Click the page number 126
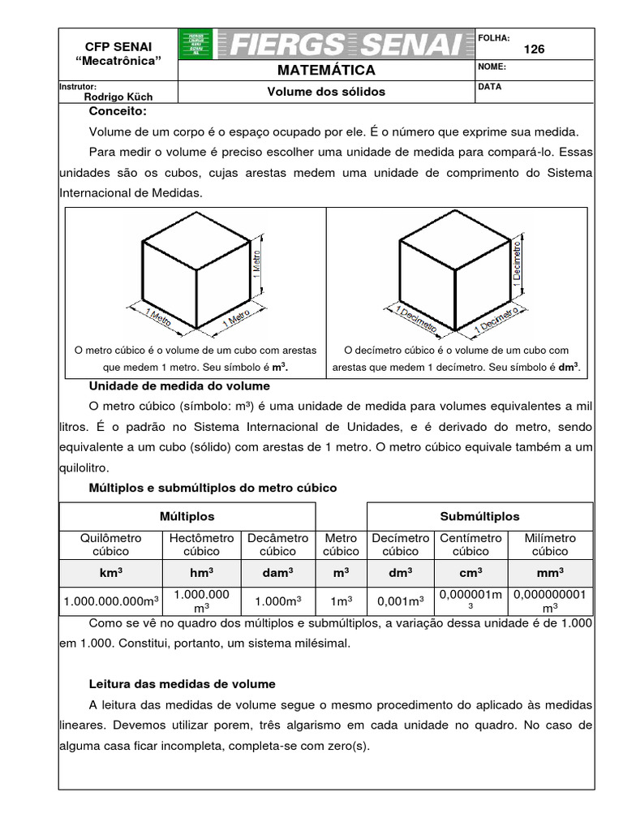535,49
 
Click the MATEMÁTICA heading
326,71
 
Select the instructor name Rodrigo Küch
118,96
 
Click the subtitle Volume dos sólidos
326,92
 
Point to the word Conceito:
118,111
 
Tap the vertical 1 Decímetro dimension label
518,260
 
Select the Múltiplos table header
187,516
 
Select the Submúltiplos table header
480,516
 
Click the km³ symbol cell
111,572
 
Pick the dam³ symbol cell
277,572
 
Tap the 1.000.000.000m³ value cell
111,601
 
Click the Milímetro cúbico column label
550,545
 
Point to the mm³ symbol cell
550,572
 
